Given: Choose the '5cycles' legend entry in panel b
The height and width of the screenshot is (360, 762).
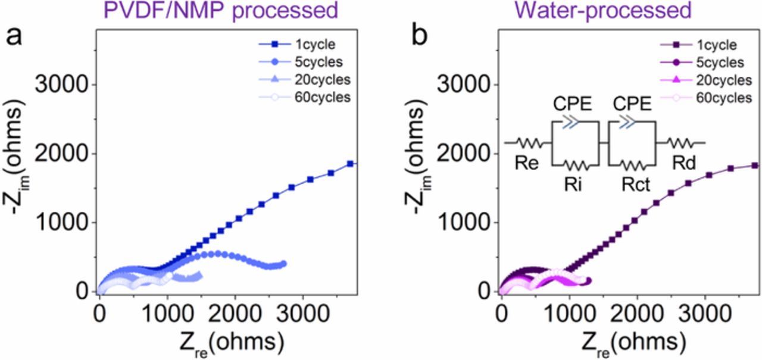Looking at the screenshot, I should [722, 62].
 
